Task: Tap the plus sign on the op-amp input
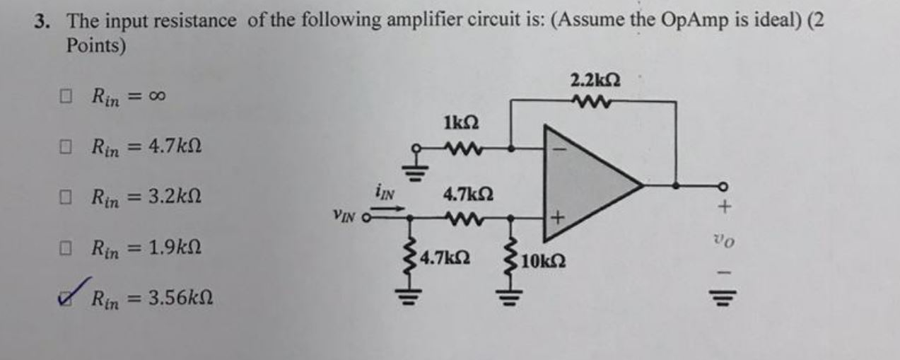coord(556,219)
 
